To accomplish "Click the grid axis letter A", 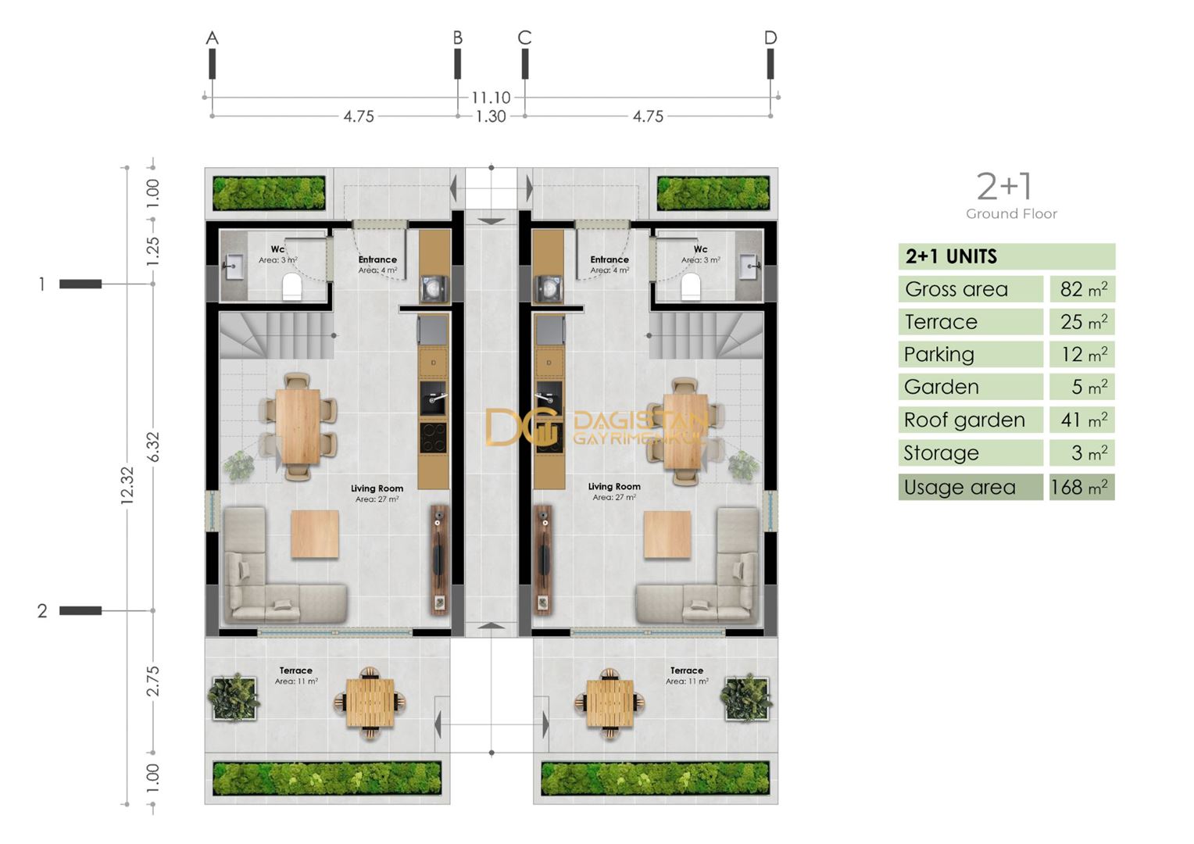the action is coord(212,38).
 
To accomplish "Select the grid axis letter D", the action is coord(770,38).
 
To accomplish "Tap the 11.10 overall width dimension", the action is coord(491,98).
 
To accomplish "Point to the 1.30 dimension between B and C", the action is coord(491,116).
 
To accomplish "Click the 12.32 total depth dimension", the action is coord(127,485).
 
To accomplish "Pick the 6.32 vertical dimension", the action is coord(153,447).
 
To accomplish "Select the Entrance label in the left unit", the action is coord(377,259).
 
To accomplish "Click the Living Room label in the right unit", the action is coord(614,486).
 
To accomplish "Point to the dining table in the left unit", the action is coord(298,427).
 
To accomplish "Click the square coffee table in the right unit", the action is coord(668,535).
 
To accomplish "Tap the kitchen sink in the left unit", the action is coord(433,398).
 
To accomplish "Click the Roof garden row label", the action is coord(964,420).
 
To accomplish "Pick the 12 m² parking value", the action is coord(1084,355).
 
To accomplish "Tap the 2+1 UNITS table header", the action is coord(951,256).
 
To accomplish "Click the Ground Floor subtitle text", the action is coord(1011,214).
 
